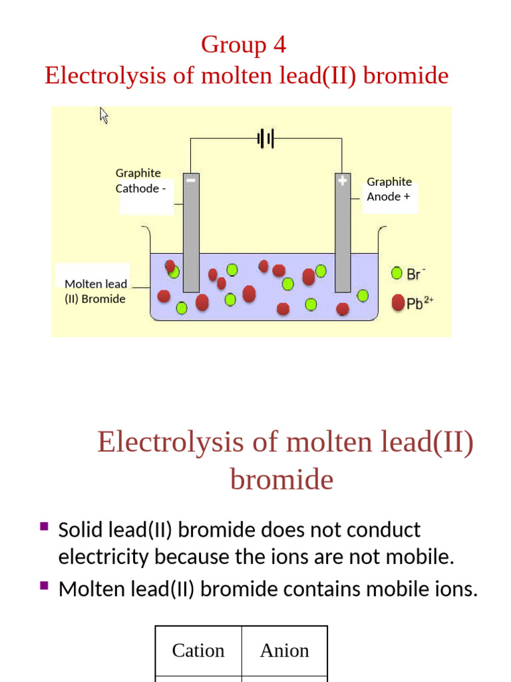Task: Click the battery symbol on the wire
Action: click(x=266, y=139)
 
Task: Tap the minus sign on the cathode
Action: click(x=191, y=180)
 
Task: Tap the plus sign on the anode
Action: click(x=343, y=180)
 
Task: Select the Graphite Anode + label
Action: click(x=389, y=189)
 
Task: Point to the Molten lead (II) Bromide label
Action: click(x=95, y=292)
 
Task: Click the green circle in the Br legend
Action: click(x=397, y=273)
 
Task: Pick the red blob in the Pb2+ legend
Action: click(x=398, y=303)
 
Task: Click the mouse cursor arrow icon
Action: click(x=104, y=115)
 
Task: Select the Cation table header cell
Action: click(x=198, y=651)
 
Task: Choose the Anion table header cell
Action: click(x=285, y=651)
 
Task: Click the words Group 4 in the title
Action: click(x=244, y=45)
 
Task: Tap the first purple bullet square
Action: click(x=44, y=526)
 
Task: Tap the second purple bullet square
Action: click(x=44, y=585)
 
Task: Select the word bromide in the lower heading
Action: click(x=281, y=480)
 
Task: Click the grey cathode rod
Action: click(x=191, y=240)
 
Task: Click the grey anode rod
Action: click(x=343, y=240)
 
